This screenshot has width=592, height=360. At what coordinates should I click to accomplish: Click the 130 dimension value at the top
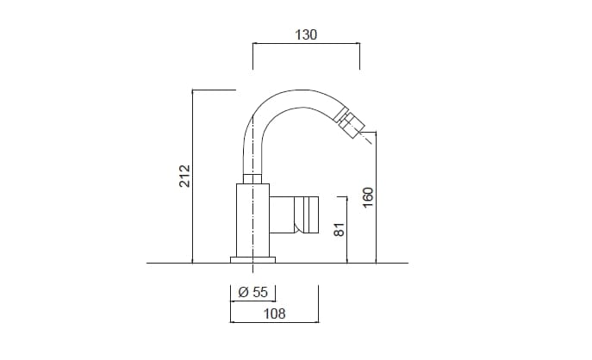(x=306, y=35)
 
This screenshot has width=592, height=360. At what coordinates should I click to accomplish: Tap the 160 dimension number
(x=368, y=197)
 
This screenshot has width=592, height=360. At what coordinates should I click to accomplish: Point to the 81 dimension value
(x=339, y=230)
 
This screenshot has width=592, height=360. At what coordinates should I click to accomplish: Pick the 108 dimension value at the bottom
(x=273, y=313)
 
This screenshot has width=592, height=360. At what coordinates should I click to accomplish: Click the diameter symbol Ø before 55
(x=243, y=292)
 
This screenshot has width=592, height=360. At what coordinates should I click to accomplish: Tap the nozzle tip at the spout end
(x=357, y=130)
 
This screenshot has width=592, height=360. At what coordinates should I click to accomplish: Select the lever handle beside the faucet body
(x=293, y=214)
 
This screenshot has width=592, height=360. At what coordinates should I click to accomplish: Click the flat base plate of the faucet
(x=252, y=258)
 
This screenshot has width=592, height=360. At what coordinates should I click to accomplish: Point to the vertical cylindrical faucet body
(x=252, y=219)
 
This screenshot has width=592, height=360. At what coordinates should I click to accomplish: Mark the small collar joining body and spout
(x=252, y=178)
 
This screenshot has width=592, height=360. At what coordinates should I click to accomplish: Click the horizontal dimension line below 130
(x=306, y=43)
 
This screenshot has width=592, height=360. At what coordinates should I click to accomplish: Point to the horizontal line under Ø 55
(x=252, y=301)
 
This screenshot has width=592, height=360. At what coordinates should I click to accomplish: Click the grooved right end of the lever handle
(x=310, y=214)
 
